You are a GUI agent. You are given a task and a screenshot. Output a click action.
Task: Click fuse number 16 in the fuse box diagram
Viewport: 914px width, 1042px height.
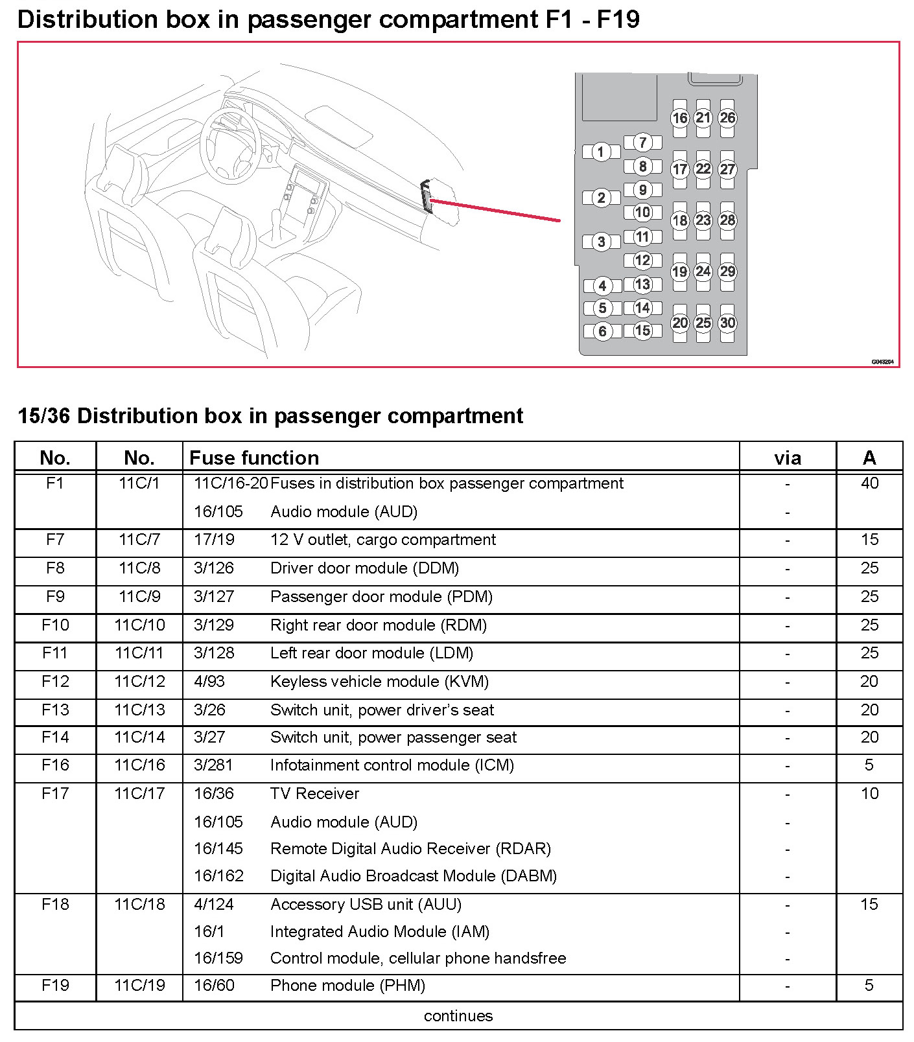tap(679, 118)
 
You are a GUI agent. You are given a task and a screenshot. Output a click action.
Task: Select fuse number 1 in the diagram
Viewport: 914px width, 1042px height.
tap(601, 152)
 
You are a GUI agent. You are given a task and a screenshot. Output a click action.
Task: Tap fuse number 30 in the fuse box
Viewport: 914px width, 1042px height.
tap(727, 323)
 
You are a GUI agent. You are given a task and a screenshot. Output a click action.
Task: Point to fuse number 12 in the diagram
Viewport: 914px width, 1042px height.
tap(642, 260)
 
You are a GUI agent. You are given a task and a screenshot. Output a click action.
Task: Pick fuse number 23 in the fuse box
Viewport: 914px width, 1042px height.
tap(703, 220)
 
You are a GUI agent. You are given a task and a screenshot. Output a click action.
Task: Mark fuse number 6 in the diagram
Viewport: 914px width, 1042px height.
tap(602, 332)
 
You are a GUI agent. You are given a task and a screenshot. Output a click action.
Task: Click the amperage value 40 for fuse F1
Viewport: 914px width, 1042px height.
tap(869, 483)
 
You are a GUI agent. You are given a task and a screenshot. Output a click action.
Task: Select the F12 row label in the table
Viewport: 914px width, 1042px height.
tap(55, 682)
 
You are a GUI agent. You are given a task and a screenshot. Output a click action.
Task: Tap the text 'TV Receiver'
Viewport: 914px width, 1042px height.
tap(314, 794)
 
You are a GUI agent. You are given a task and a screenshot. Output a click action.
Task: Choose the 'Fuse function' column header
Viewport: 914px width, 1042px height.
tap(254, 458)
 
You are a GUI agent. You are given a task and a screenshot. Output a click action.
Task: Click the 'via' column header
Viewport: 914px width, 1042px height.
tap(788, 459)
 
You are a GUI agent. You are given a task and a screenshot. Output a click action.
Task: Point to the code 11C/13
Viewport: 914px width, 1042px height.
tap(139, 710)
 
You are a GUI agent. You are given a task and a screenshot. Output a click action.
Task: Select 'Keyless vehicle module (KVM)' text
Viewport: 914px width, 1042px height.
tap(379, 682)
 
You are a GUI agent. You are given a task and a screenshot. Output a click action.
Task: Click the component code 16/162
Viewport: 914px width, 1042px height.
tap(218, 876)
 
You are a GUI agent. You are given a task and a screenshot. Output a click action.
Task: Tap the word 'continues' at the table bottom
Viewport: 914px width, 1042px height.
tap(458, 1016)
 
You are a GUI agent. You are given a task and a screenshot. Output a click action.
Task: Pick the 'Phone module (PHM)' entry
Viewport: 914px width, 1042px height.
tap(347, 986)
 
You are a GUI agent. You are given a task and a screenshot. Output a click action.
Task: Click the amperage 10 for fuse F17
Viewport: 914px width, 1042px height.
tap(869, 794)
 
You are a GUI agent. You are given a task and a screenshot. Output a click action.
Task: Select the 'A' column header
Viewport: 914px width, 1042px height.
tap(869, 458)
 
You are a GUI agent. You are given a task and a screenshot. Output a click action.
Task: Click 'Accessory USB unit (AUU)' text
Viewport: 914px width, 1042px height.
tap(366, 905)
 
